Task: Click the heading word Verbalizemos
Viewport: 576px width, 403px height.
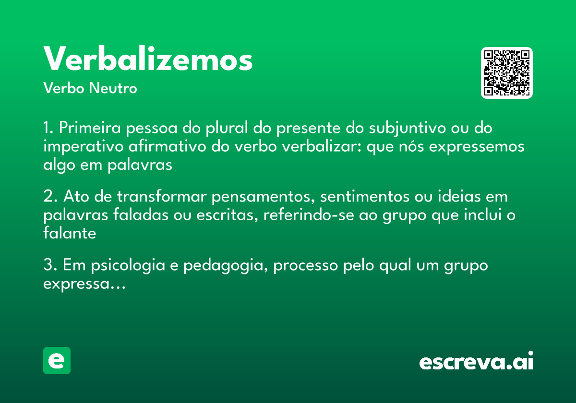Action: pyautogui.click(x=148, y=59)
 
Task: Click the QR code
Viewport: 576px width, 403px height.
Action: pyautogui.click(x=507, y=73)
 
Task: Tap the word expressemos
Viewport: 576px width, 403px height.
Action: pyautogui.click(x=476, y=147)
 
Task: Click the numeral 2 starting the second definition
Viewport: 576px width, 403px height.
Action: pyautogui.click(x=47, y=197)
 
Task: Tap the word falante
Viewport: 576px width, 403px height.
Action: pyautogui.click(x=70, y=233)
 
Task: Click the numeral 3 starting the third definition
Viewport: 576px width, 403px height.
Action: pyautogui.click(x=47, y=265)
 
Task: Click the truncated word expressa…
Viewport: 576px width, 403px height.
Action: pyautogui.click(x=84, y=284)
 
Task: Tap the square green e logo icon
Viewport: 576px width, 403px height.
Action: pyautogui.click(x=57, y=360)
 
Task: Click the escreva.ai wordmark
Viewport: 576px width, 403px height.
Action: pyautogui.click(x=476, y=362)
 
